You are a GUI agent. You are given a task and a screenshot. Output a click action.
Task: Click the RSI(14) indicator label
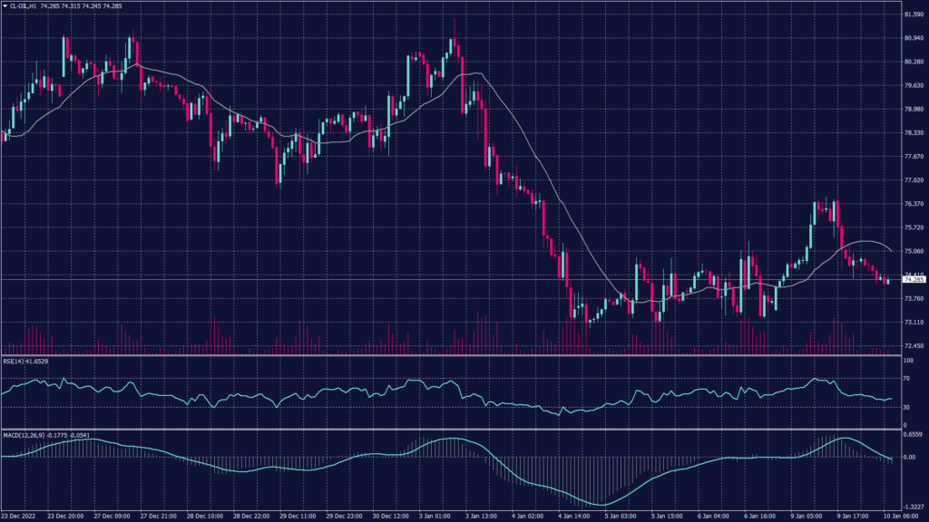pos(12,362)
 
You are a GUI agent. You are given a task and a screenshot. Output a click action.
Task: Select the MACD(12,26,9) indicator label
pos(21,435)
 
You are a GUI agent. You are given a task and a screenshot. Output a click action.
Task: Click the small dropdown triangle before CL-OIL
pos(5,5)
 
